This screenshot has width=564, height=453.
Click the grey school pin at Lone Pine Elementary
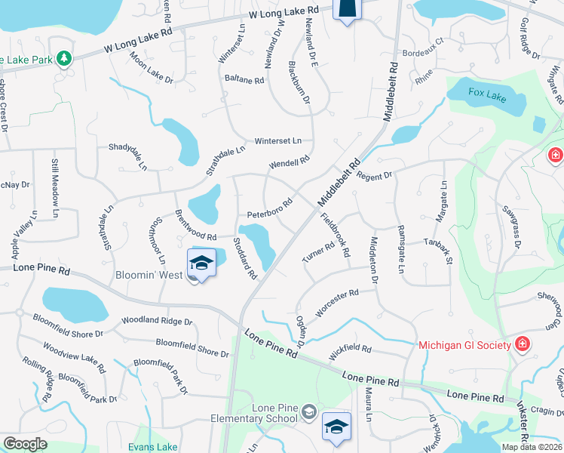(x=308, y=411)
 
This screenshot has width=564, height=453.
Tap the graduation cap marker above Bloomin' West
(x=202, y=264)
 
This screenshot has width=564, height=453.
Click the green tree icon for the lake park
(x=65, y=58)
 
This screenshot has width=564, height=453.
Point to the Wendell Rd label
(x=290, y=162)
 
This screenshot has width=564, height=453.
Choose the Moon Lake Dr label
(x=151, y=68)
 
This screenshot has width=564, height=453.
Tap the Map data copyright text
(x=531, y=445)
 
